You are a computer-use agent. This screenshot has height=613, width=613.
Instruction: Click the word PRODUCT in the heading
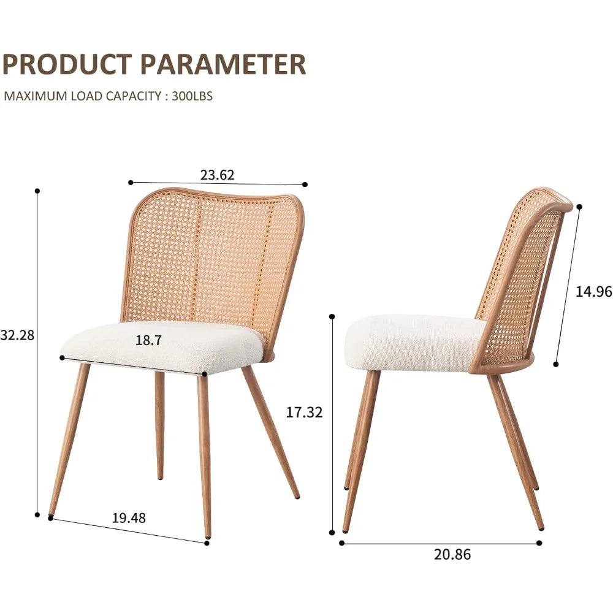tap(68, 64)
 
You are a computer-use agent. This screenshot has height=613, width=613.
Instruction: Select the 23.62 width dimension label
tap(217, 175)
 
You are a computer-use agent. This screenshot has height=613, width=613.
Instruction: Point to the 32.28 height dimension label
tap(17, 335)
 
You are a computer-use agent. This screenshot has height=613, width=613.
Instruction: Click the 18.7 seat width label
tap(148, 341)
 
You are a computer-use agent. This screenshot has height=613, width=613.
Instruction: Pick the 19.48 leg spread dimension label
tap(129, 518)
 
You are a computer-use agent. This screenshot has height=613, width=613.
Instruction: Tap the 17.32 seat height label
tap(304, 413)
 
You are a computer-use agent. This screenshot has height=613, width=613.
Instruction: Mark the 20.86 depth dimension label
tap(452, 555)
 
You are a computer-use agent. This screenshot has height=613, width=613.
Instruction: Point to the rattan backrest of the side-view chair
tap(521, 276)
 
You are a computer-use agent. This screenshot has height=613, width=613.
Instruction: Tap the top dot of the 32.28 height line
tap(37, 191)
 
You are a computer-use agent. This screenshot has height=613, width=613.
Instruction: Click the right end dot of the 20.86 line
tap(539, 543)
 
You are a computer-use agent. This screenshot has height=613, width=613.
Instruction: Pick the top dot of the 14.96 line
tap(579, 207)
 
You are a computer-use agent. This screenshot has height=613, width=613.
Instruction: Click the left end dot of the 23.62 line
tap(131, 182)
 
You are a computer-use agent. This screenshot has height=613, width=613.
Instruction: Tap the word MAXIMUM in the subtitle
tap(27, 96)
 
